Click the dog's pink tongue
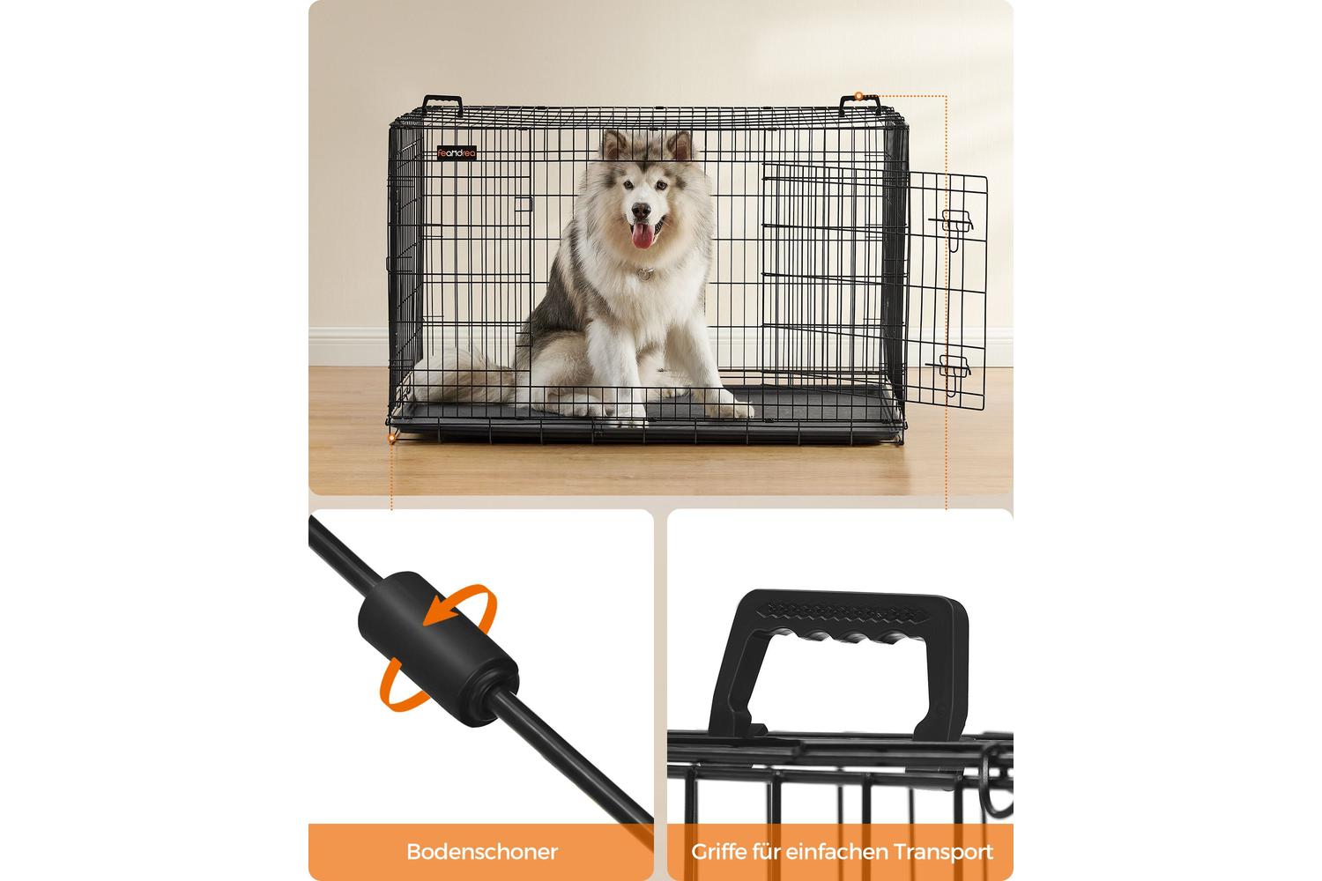click(642, 235)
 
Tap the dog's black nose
click(641, 211)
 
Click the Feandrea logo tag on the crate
click(457, 153)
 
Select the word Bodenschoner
click(481, 852)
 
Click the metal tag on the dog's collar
click(645, 274)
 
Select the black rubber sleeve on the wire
click(439, 649)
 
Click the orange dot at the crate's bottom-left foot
click(391, 439)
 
